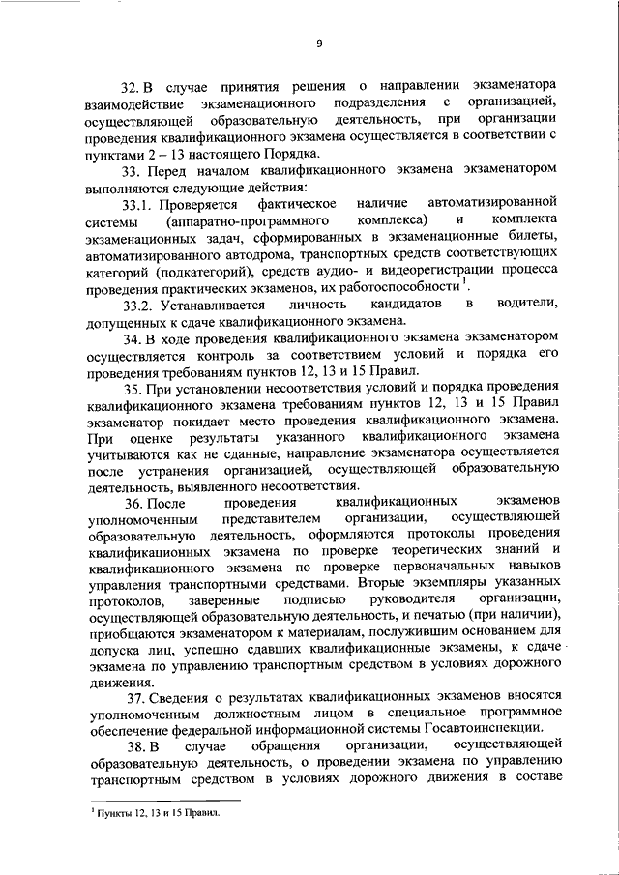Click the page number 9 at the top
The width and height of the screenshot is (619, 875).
point(319,41)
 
